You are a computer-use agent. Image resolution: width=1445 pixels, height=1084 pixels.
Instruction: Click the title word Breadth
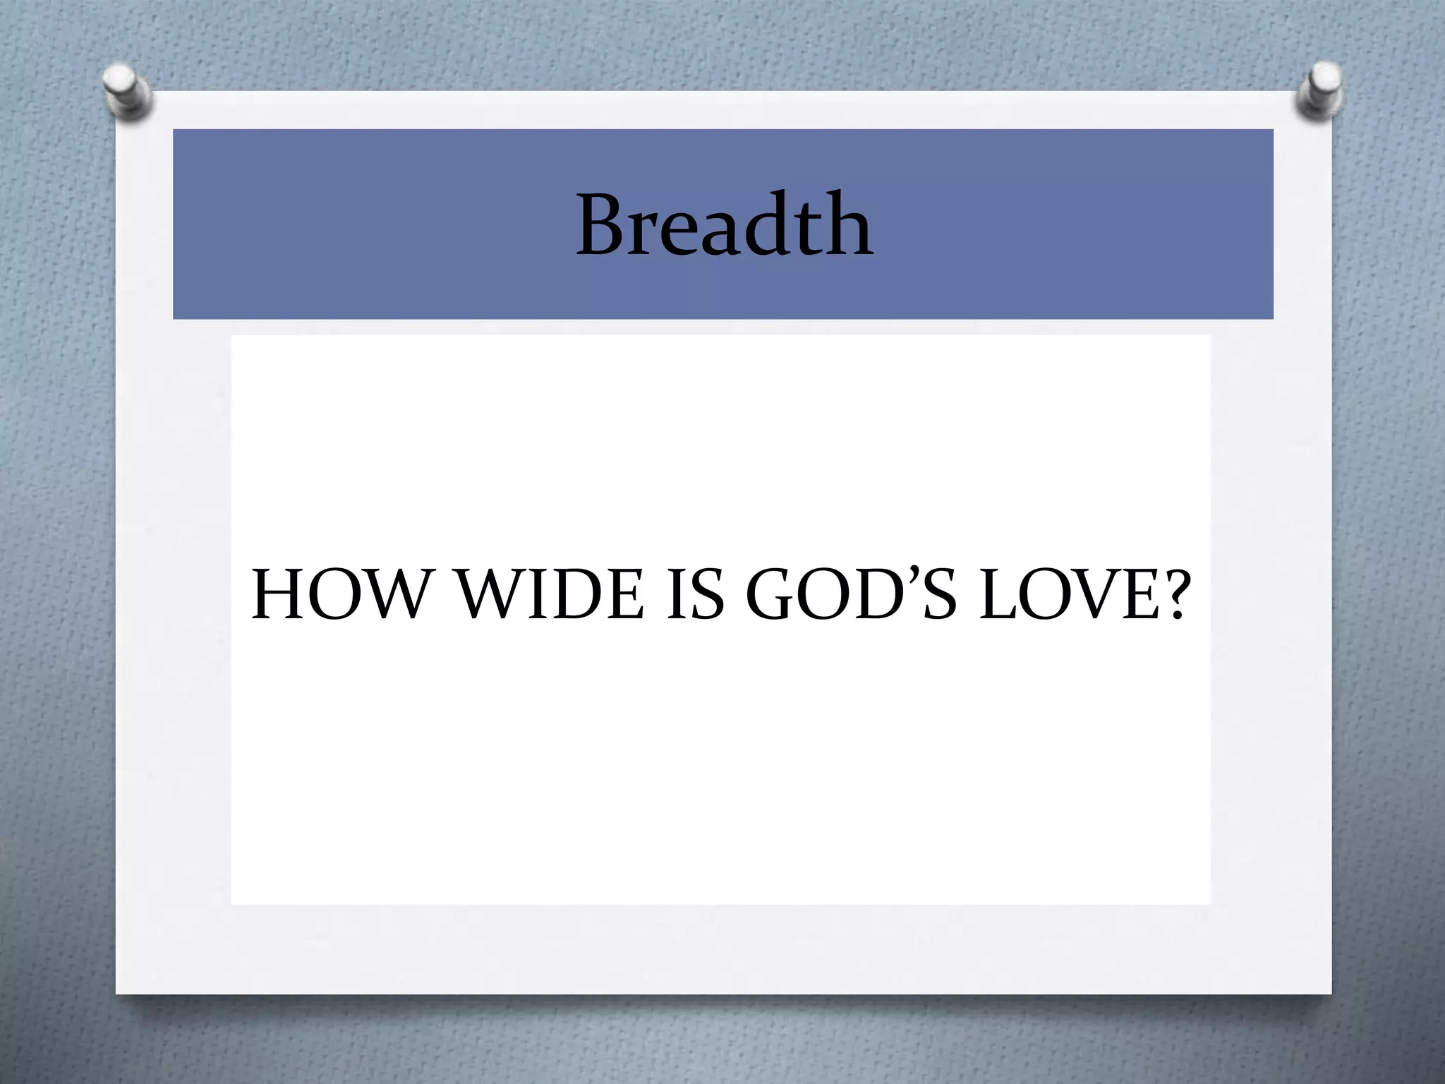725,224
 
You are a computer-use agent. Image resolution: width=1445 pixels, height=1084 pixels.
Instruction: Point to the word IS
695,596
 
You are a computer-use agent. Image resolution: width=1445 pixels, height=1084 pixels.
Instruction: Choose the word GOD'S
850,596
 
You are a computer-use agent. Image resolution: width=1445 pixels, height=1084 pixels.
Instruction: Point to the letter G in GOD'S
770,596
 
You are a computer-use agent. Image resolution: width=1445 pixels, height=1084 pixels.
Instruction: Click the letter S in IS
708,596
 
